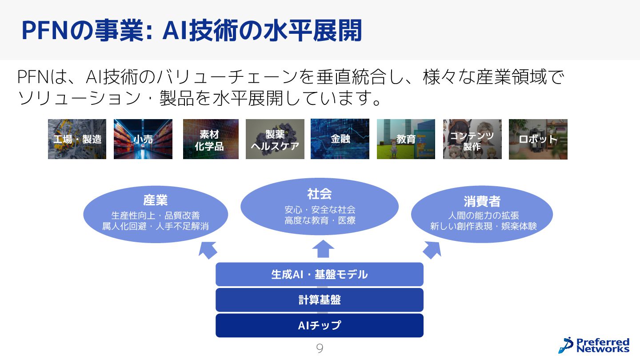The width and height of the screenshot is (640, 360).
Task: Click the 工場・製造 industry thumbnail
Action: coord(77,139)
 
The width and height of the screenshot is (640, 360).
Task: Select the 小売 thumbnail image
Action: coord(143,139)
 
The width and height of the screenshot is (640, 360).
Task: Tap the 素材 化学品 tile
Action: coord(211,139)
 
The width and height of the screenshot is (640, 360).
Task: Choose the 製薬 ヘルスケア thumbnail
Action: coord(275,139)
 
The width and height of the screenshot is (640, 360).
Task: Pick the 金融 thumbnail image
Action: coord(340,139)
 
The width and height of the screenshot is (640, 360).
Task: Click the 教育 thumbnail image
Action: coord(406,139)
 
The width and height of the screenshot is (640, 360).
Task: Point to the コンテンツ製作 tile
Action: coord(472,139)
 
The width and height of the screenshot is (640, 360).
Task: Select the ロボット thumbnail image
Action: coord(538,139)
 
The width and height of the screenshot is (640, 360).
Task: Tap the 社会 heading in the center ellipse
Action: coord(319,194)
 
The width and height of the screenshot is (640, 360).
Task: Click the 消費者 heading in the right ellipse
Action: coord(482,201)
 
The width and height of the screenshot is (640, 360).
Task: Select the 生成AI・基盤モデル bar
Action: coord(319,274)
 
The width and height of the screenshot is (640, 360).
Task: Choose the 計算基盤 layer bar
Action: coord(319,300)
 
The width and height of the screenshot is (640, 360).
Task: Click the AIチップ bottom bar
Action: coord(319,325)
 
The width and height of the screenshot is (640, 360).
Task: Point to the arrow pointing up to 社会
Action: coord(323,249)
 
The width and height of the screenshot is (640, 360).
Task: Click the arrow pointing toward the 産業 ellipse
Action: coord(208,250)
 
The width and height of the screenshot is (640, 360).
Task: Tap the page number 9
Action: coord(320,348)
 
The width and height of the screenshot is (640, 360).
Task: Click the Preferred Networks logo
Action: coord(594,345)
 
